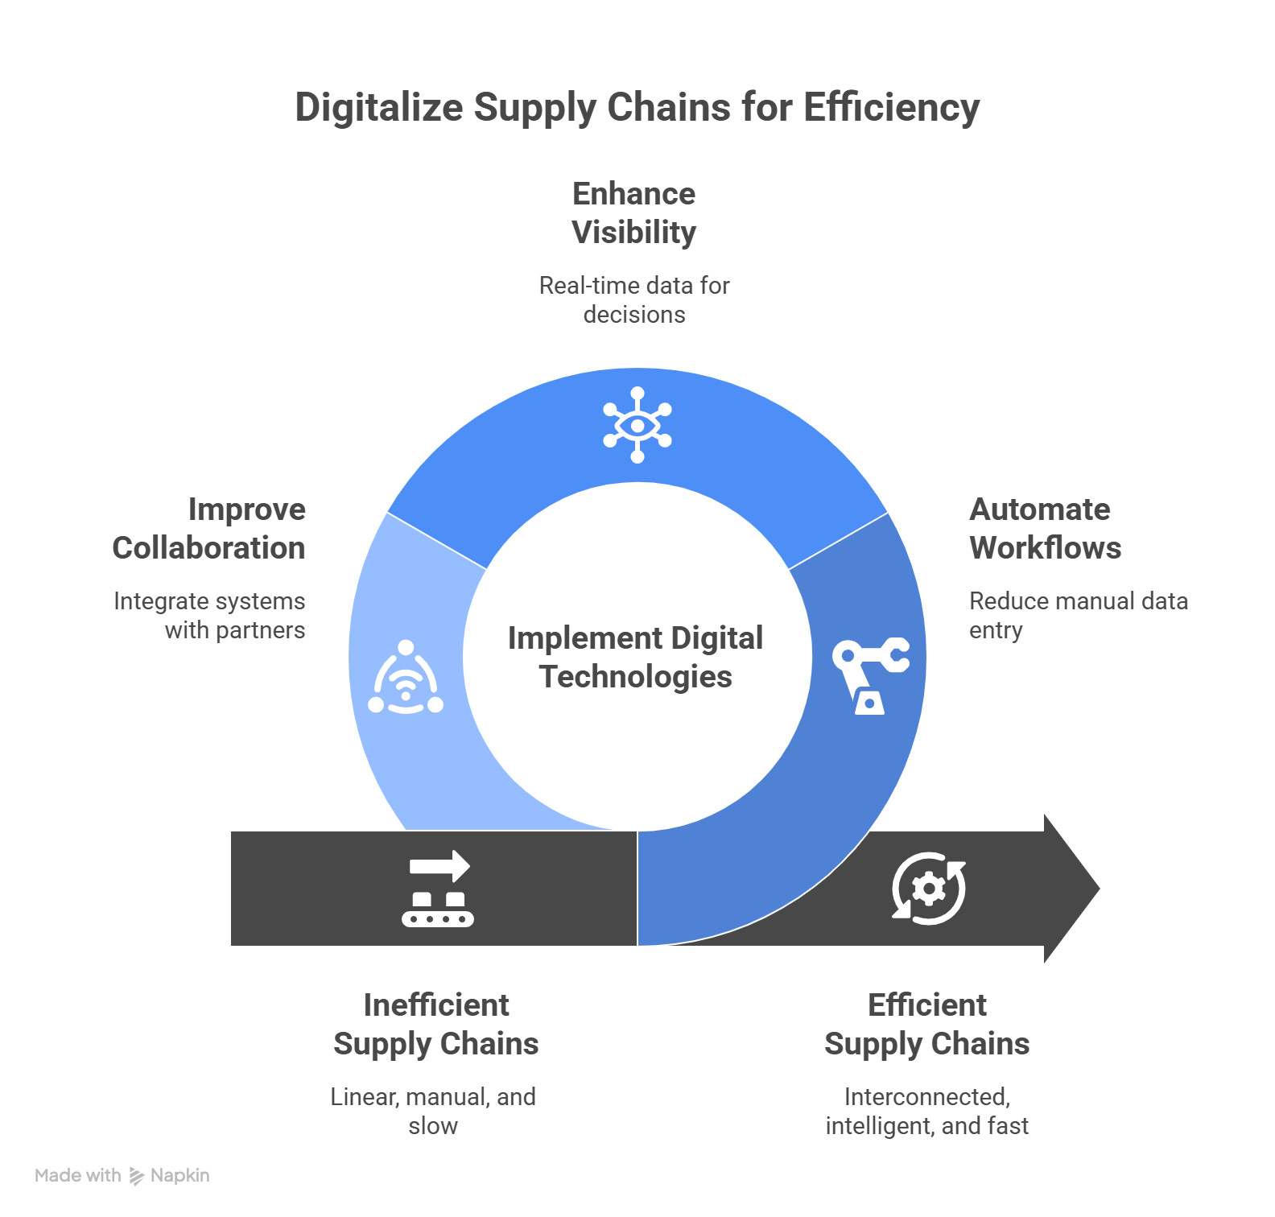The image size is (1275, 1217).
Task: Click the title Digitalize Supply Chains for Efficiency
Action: point(637,108)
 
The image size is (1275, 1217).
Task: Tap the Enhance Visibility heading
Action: point(634,213)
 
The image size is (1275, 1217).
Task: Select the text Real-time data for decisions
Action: point(634,299)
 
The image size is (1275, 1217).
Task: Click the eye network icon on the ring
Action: point(637,425)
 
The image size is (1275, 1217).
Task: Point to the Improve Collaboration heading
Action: point(209,529)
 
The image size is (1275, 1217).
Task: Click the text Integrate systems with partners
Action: point(210,615)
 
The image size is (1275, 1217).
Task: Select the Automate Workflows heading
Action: point(1044,529)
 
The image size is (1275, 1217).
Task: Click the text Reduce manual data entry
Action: point(1078,615)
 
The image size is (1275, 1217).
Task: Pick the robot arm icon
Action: point(869,676)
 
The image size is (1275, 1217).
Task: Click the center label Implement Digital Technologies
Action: point(636,657)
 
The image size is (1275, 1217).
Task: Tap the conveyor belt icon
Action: point(438,889)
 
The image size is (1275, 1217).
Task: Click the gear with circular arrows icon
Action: point(929,889)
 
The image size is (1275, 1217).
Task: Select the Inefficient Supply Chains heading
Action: point(436,1024)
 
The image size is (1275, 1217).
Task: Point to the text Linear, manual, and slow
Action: point(433,1111)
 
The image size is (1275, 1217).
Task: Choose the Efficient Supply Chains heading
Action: point(927,1024)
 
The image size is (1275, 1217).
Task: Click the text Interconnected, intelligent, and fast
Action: point(927,1111)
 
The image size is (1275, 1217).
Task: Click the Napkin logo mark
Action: point(137,1176)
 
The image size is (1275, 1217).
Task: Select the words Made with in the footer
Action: point(77,1176)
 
